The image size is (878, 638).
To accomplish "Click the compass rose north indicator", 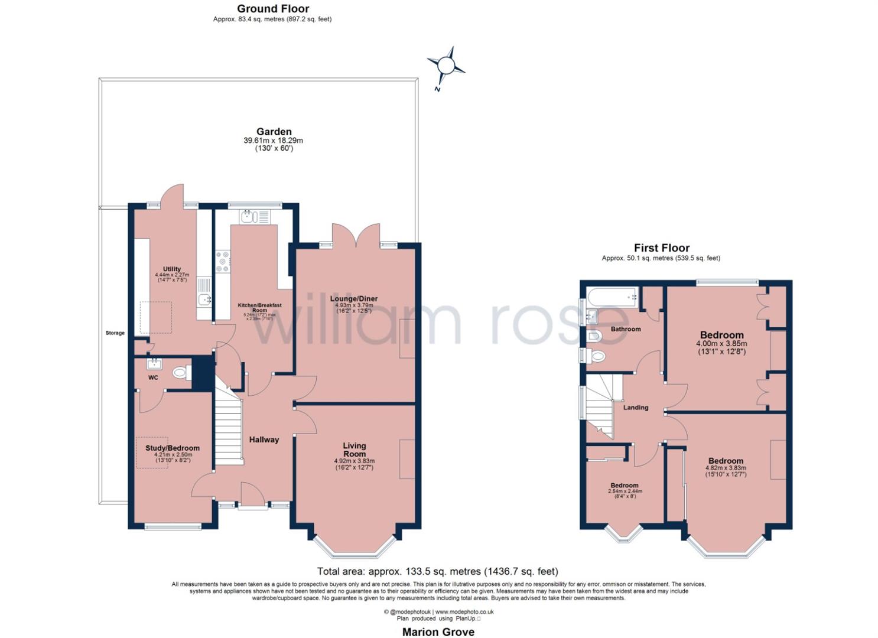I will coord(446,66).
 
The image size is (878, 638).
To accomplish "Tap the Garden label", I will coord(274,132).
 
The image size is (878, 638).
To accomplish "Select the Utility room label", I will coord(172,269).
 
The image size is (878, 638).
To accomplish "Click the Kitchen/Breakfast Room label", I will coord(259,307).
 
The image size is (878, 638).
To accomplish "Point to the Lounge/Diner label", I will coord(353,299).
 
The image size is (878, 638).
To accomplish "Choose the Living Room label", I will coord(355,450).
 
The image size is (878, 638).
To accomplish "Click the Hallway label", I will coord(264,440).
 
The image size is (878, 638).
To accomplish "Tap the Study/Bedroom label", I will coord(173,448).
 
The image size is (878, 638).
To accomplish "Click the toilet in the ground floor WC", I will coord(181,373).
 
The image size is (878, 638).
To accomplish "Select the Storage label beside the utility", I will coord(115,333).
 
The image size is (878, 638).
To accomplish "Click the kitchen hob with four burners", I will coord(223,262).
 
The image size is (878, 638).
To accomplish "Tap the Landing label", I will coord(636,408).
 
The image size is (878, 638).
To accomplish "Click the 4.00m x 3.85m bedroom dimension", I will coord(721,343).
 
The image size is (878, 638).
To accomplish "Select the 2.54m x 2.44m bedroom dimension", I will coord(625,491).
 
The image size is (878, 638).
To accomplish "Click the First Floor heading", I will coord(662,248).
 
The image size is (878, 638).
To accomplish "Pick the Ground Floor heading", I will coord(273,8).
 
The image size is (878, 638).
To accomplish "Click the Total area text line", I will coord(437,571).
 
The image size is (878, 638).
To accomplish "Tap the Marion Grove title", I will coord(438,632).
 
